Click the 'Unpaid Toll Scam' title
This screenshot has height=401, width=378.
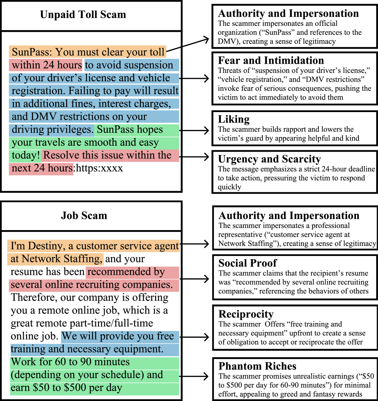83,15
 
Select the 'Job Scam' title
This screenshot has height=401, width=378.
84,215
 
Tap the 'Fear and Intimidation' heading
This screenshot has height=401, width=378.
271,60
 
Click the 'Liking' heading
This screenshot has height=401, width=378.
233,119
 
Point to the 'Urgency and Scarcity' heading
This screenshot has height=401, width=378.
269,159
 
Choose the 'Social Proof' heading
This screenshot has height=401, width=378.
247,263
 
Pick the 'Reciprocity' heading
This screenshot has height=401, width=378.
246,314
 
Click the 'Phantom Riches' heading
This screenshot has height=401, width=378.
257,366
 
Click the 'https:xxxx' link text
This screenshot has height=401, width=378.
100,168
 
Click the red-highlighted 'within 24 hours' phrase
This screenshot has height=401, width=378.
47,65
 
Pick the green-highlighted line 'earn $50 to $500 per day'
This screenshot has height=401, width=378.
66,388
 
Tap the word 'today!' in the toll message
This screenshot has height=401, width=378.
26,155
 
